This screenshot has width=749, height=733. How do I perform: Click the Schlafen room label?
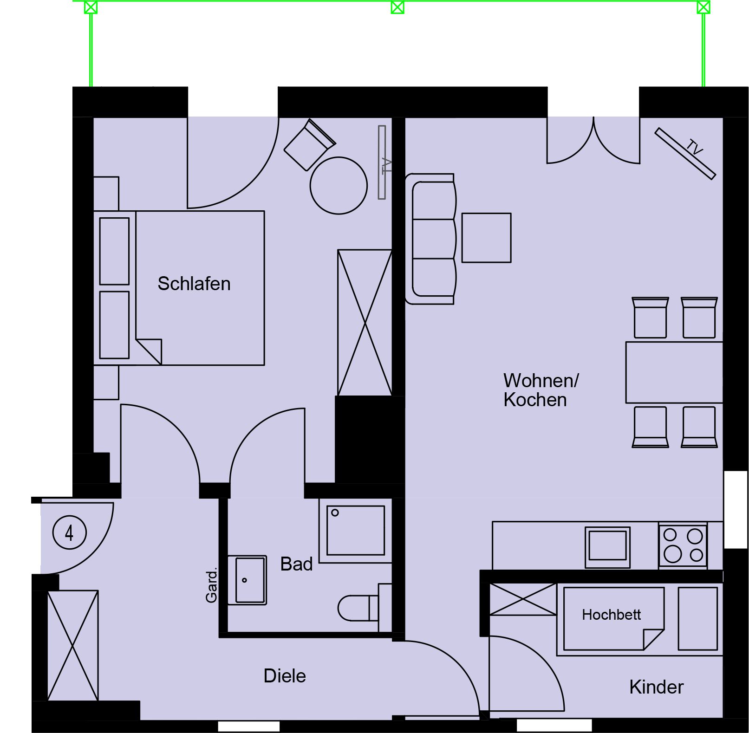pos(194,284)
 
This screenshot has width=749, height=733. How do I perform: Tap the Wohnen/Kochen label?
pos(541,390)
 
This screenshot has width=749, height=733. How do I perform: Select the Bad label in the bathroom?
pos(296,564)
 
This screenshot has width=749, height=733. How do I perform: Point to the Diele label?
pos(285,676)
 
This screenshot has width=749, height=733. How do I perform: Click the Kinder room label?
pos(656,687)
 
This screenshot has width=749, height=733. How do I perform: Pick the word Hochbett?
pos(611,615)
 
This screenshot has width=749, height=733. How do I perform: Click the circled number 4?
pos(70,532)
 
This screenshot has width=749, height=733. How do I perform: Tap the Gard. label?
pos(211,585)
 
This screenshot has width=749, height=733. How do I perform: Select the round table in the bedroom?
pos(339,185)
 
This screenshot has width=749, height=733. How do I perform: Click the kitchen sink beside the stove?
pos(607,547)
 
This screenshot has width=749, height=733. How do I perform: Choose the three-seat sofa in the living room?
pos(430,239)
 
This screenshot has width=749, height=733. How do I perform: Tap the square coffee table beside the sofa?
pos(486,238)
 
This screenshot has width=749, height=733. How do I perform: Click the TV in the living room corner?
pos(685,153)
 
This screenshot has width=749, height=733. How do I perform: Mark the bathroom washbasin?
pos(247,580)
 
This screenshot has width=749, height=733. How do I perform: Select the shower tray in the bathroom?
pos(356,531)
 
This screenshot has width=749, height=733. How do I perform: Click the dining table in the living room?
pos(674,372)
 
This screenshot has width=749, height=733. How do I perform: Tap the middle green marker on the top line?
pos(397,7)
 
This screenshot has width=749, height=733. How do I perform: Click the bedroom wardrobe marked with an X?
pos(365,323)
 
